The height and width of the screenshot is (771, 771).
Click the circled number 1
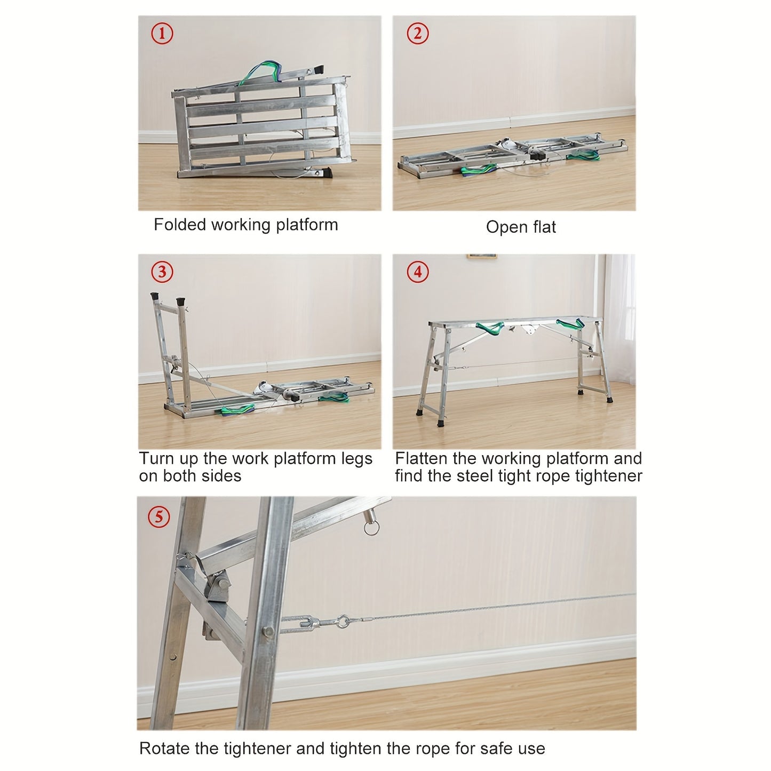[162, 34]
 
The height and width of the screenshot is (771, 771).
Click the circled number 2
[417, 34]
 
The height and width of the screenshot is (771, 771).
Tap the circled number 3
[162, 272]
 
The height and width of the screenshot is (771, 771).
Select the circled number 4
[417, 272]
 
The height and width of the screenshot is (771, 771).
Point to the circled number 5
[159, 517]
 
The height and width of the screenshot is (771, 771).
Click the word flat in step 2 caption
[544, 227]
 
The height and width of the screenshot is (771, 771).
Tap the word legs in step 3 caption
[356, 459]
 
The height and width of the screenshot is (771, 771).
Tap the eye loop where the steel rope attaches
[343, 622]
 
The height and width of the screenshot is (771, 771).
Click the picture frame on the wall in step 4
[482, 257]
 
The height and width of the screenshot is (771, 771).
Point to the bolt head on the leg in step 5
[268, 632]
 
